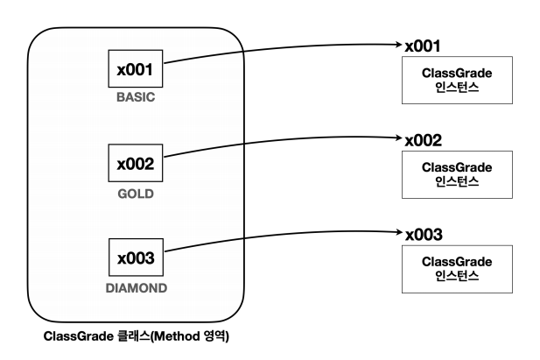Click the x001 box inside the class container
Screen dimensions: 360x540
pyautogui.click(x=135, y=67)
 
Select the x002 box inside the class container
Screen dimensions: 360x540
pyautogui.click(x=135, y=163)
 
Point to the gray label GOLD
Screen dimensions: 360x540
pyautogui.click(x=135, y=193)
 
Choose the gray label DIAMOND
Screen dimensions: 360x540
pyautogui.click(x=135, y=287)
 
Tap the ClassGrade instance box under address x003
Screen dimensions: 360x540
pyautogui.click(x=456, y=268)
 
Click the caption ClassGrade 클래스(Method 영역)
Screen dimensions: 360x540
pyautogui.click(x=135, y=336)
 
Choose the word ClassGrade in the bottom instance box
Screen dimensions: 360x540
pyautogui.click(x=456, y=262)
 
